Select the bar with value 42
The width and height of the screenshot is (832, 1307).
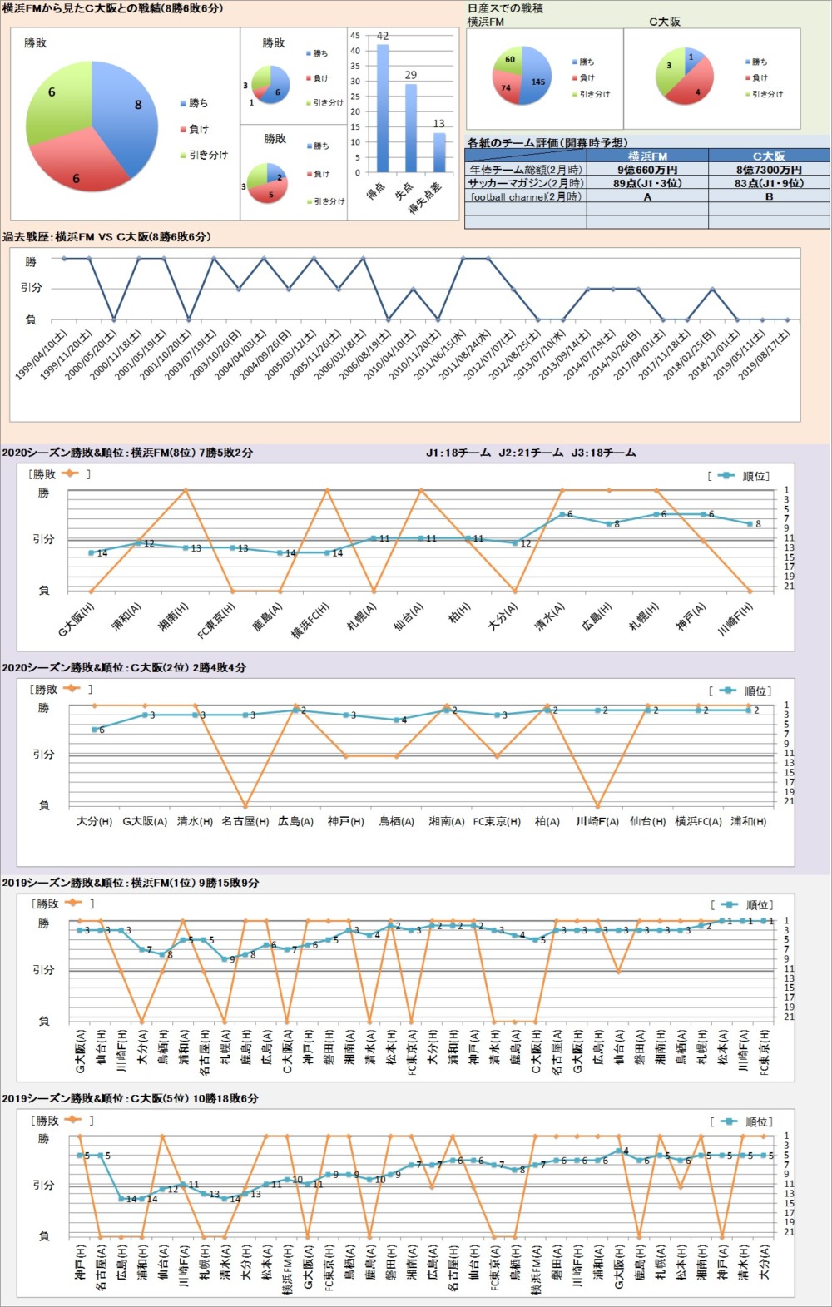[x=383, y=108]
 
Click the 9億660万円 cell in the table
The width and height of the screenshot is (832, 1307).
[x=647, y=170]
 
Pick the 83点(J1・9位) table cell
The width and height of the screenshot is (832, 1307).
[x=769, y=183]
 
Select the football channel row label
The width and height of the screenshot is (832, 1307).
[x=525, y=197]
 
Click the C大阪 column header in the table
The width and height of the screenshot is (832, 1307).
[x=769, y=156]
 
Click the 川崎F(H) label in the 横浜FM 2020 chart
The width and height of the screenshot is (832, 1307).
[x=735, y=620]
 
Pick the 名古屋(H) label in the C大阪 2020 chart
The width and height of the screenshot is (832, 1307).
[x=245, y=821]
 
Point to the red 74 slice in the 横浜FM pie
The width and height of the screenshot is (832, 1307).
[x=506, y=87]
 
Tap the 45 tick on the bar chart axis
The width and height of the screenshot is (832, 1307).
[x=355, y=36]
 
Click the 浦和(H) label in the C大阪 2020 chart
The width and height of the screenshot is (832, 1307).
[x=748, y=821]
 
